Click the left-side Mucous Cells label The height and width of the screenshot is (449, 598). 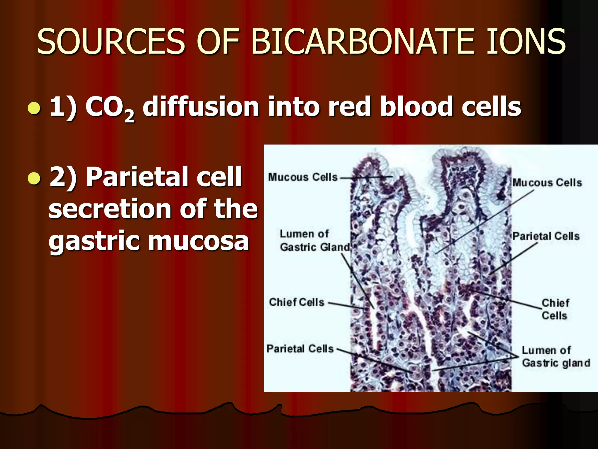point(303,177)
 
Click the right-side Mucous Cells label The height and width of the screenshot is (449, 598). point(547,183)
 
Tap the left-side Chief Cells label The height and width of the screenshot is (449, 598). point(296,302)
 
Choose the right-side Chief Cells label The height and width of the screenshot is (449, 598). point(555,309)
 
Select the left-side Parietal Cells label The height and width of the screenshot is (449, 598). point(300,348)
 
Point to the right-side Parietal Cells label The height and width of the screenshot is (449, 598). point(546,236)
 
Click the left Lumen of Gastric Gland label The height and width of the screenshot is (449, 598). point(314,241)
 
